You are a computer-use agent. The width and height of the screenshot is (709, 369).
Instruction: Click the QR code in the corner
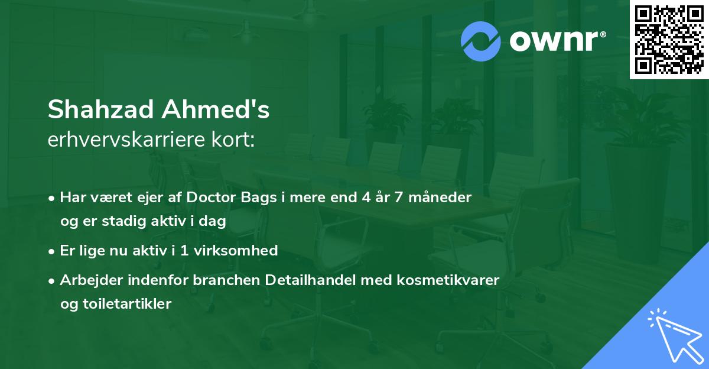point(669,40)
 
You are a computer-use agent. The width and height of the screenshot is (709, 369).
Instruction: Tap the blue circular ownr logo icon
point(481,41)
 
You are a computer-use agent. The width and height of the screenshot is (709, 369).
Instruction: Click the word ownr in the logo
point(557,41)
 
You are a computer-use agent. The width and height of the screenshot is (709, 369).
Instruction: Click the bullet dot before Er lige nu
point(53,251)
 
